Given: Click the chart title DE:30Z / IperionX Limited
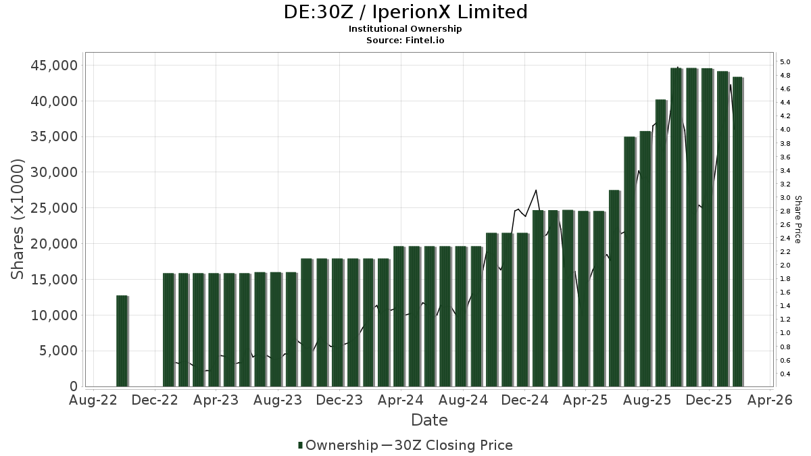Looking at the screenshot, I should coord(405,12).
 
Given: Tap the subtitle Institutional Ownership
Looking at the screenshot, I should coord(405,29).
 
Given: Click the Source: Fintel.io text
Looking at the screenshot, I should coord(405,40).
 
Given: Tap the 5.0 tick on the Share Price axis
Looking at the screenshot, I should coord(785,62).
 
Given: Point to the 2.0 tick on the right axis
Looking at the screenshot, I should coord(785,265).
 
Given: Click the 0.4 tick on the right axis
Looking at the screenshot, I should coord(785,374).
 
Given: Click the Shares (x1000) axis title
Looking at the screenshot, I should coord(18,219).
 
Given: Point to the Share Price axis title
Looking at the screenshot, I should coord(797,219).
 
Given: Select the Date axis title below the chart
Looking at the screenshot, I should coord(429,420).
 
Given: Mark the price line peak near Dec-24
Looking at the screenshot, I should coord(536,191).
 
